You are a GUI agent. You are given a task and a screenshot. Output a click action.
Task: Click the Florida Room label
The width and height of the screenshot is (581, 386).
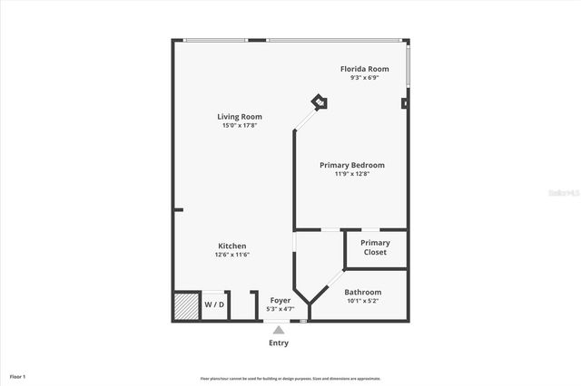click(364, 69)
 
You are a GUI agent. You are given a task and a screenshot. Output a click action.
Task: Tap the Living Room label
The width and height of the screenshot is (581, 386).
click(240, 117)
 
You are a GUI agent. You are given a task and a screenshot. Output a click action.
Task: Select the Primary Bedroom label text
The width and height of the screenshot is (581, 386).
click(352, 165)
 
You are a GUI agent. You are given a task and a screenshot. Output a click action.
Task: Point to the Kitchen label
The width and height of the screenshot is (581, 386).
click(231, 246)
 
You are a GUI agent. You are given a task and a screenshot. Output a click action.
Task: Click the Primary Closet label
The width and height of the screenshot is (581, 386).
click(375, 247)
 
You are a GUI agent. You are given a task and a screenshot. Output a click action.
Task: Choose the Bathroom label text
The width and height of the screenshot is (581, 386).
click(363, 292)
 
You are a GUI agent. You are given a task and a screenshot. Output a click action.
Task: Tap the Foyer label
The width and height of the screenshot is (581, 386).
click(280, 300)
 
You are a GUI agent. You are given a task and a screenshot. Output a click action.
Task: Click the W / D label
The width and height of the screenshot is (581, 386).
click(213, 304)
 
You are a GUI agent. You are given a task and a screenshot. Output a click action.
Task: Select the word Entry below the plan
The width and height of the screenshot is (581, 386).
click(279, 343)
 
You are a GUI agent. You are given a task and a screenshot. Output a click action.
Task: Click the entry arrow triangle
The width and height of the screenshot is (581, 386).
click(279, 330)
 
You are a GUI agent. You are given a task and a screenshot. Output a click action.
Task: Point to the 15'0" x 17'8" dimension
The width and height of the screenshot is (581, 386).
click(240, 126)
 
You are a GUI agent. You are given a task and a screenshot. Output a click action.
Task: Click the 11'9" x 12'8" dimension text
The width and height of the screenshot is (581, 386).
click(352, 173)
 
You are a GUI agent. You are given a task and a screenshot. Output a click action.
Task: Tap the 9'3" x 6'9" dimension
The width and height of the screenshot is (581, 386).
click(364, 78)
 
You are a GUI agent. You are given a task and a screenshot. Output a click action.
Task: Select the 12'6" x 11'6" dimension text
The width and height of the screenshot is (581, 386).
click(231, 255)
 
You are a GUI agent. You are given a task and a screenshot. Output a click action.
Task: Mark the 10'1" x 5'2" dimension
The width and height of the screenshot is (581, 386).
click(363, 301)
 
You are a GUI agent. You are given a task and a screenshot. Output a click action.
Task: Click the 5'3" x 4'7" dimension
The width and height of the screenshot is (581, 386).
click(280, 309)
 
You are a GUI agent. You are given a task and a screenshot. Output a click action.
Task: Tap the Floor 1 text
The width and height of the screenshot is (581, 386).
click(17, 376)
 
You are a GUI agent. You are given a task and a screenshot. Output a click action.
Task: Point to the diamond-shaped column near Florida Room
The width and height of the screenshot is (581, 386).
click(320, 102)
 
